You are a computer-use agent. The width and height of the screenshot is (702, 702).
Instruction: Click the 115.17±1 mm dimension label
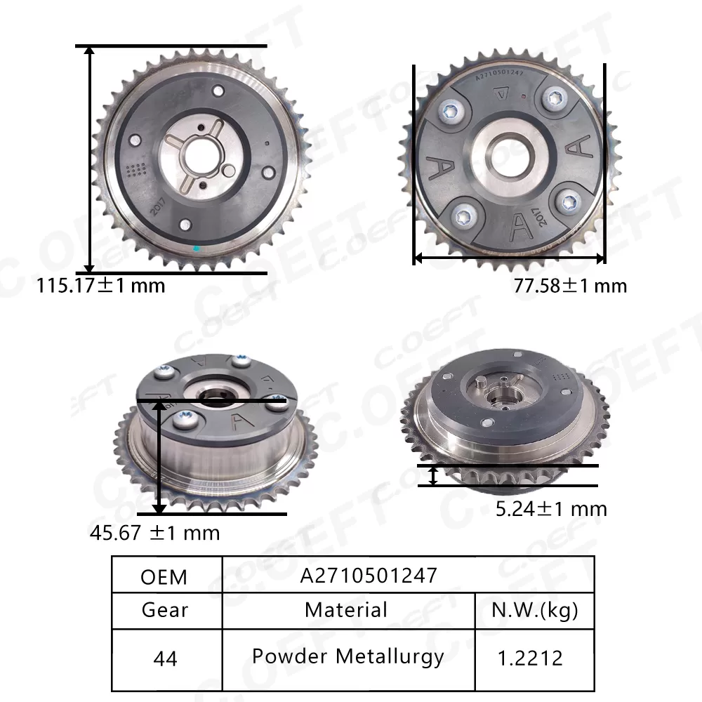(101, 286)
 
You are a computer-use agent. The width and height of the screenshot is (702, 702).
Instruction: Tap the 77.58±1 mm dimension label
(570, 286)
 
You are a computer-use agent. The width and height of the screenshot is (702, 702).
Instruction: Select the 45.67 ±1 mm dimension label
(154, 533)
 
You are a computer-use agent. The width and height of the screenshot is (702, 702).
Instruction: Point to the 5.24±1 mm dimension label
(551, 508)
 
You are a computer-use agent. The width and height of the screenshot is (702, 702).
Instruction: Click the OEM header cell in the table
(164, 576)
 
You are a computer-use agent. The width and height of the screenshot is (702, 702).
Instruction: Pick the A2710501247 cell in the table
(369, 576)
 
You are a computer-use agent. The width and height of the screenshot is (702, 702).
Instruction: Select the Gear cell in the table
(164, 609)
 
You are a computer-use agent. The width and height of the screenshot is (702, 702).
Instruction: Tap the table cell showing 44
(164, 658)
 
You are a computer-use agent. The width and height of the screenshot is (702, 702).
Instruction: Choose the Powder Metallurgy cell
(348, 657)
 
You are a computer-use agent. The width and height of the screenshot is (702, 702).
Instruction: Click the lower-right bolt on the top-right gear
(567, 202)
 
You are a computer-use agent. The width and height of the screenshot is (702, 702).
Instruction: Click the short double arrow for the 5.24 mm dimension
(434, 476)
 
